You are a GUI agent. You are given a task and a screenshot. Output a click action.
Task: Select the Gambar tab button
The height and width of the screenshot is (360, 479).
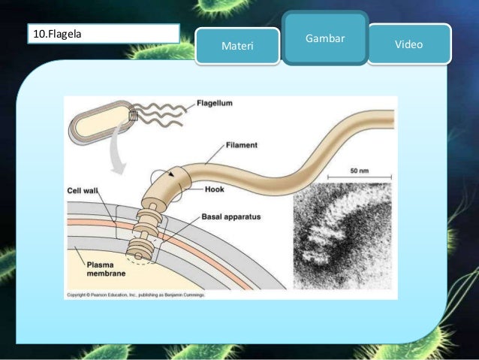pos(326,38)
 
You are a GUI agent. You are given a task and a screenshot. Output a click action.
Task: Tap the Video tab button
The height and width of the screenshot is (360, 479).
pos(410,45)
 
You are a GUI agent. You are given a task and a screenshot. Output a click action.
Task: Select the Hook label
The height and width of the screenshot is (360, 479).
pos(214,189)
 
